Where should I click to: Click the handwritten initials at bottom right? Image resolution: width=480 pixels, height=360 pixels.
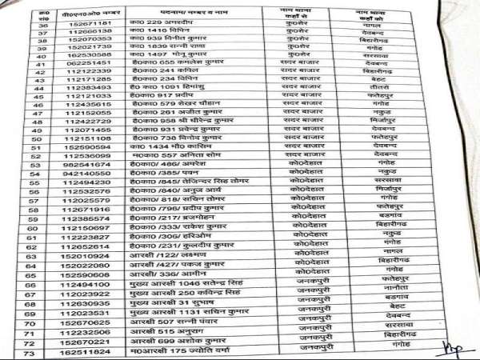(x=453, y=346)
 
